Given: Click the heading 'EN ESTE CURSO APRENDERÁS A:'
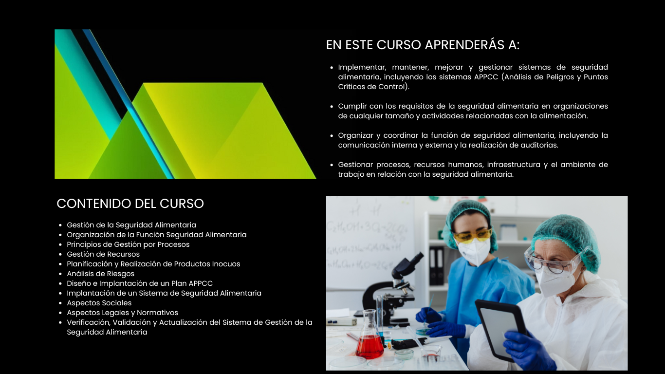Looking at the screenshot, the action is click(423, 45).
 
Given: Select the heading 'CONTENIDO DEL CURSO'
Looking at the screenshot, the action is click(130, 204).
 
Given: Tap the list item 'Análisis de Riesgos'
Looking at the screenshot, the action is click(100, 274).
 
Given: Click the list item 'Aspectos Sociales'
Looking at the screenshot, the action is click(99, 303).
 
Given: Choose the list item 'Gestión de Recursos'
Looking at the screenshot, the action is click(103, 254).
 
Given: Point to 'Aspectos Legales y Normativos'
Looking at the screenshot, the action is click(122, 313).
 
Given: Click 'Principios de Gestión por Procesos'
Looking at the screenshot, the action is click(128, 244).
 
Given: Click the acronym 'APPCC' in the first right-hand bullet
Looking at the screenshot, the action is click(486, 77).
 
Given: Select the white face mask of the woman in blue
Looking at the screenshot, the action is click(474, 251).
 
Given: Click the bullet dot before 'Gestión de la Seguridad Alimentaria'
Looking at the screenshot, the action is click(60, 225).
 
